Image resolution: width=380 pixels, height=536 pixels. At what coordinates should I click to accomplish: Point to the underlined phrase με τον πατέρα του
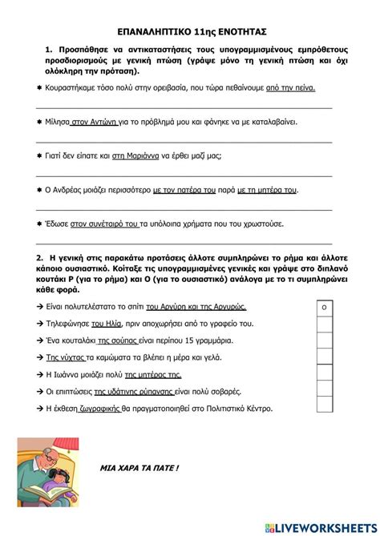[x=184, y=191]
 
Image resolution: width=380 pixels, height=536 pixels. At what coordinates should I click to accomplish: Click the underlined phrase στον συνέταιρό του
[x=105, y=224]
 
